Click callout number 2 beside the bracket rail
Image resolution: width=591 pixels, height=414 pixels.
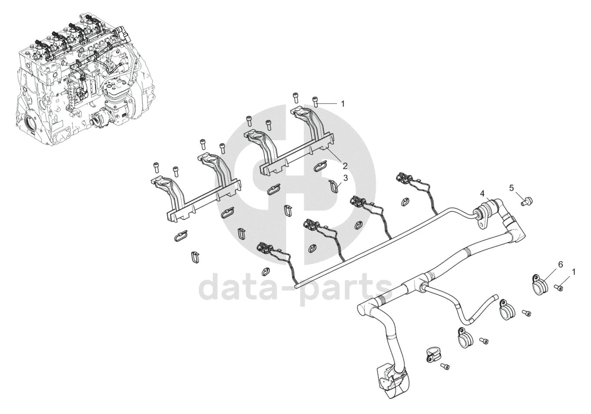coord(344,166)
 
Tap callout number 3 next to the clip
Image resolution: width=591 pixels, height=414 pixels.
coord(345,178)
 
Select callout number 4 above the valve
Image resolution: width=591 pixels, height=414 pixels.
coord(482,192)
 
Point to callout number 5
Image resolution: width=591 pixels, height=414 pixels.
coord(511,188)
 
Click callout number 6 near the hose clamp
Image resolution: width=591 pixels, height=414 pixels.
coord(561,264)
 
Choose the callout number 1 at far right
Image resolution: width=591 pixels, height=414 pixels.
coord(574,272)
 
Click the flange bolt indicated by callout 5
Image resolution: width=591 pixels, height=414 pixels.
coord(527,201)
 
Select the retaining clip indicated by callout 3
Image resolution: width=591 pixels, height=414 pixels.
coord(334,187)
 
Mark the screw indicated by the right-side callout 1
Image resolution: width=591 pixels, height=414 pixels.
coord(559,287)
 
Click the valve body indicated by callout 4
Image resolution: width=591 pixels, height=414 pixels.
coord(484,214)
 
